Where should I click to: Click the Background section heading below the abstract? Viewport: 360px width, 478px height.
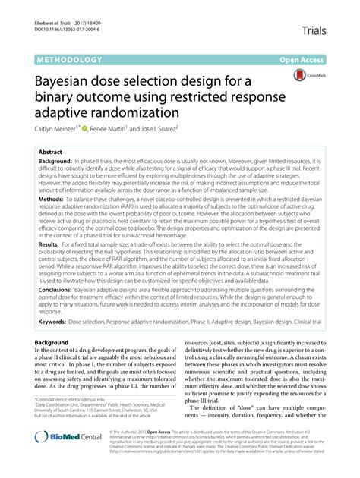pyautogui.click(x=52, y=364)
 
